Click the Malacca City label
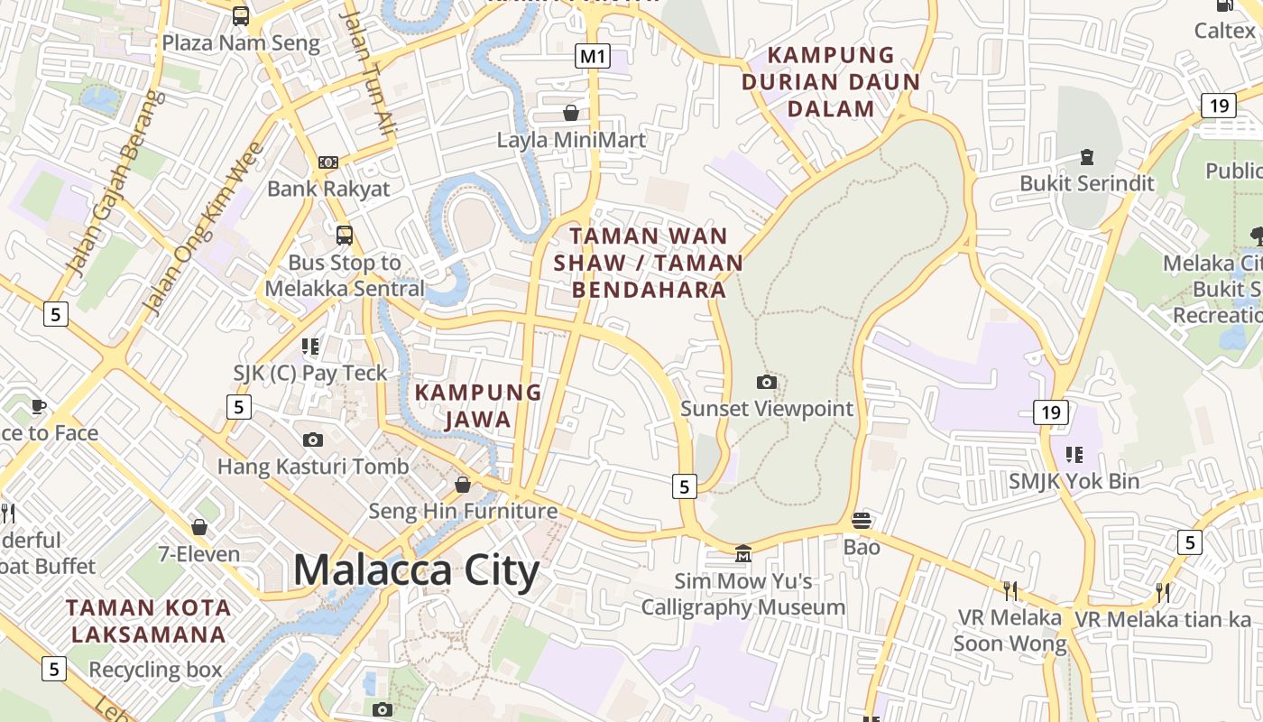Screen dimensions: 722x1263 [x=416, y=571]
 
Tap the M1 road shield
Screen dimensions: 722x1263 [x=592, y=56]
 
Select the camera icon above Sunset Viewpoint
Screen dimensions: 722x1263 [x=766, y=383]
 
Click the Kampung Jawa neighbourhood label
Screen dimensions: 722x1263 [x=477, y=406]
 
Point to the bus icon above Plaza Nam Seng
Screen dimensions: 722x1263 [x=241, y=15]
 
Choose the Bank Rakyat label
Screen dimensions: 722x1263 [x=328, y=189]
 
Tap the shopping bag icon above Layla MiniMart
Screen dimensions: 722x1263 [x=570, y=113]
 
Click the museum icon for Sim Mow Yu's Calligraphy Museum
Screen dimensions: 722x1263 [x=742, y=552]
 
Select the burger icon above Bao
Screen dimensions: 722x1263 [x=862, y=521]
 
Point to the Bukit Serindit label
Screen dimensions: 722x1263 [x=1086, y=183]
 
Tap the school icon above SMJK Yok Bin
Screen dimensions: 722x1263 [x=1074, y=454]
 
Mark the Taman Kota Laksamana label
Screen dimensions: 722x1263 [x=149, y=621]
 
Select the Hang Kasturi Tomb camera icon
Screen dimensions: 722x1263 [x=313, y=440]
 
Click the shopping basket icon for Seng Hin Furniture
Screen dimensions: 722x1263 [x=463, y=486]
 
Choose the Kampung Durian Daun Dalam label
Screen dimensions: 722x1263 [x=831, y=82]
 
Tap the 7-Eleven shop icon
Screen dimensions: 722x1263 [x=199, y=527]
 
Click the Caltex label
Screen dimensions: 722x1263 [x=1224, y=30]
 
